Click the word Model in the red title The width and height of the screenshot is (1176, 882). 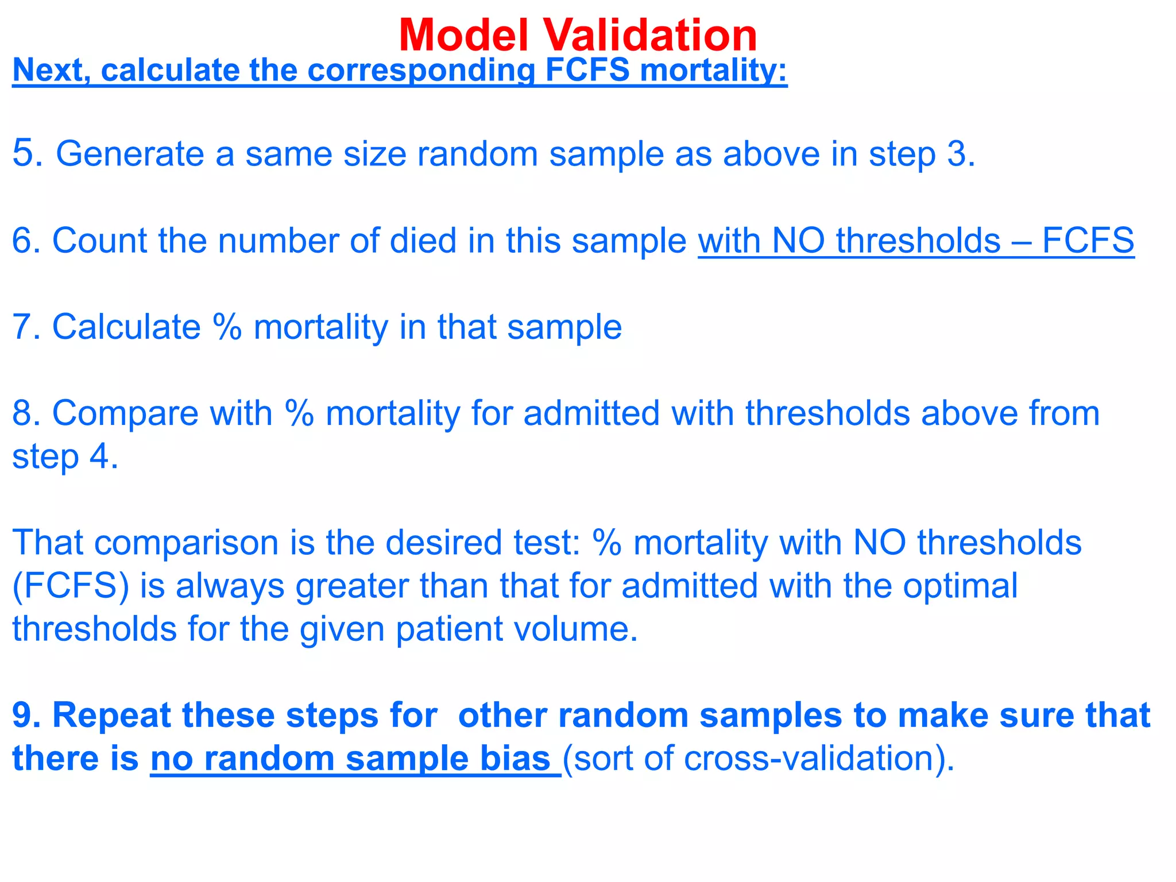click(463, 36)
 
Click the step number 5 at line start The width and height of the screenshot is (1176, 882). click(26, 153)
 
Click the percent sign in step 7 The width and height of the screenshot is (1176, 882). click(227, 327)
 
